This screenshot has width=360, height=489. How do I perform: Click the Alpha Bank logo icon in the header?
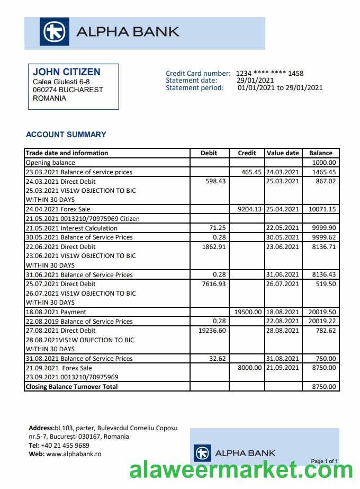click(54, 32)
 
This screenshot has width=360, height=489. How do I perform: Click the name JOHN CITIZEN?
click(66, 72)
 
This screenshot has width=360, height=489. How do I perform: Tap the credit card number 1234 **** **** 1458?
click(269, 74)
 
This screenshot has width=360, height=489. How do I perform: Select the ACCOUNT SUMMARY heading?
click(66, 135)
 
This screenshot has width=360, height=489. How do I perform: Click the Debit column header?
click(209, 153)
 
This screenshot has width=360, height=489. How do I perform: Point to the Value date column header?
click(283, 153)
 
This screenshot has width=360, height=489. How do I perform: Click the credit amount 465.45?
click(251, 172)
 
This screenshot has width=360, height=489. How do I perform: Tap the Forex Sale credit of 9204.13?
click(248, 209)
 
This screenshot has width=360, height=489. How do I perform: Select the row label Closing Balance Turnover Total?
click(71, 387)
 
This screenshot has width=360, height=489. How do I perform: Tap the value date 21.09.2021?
click(283, 368)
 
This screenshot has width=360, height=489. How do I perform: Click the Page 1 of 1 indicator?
click(324, 461)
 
